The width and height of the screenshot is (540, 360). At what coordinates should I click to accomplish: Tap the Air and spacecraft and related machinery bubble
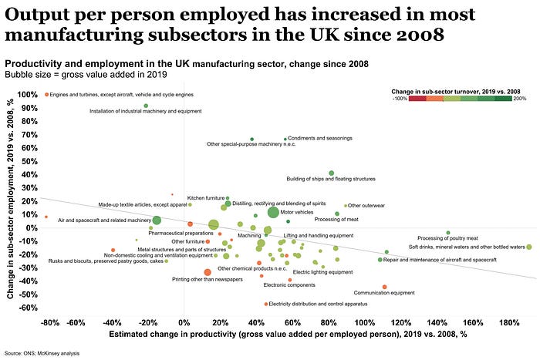157,220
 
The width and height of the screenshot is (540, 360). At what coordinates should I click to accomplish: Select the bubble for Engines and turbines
47,95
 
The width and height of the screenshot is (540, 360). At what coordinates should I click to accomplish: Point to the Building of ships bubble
332,173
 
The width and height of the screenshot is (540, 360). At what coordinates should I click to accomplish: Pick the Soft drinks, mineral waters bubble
528,247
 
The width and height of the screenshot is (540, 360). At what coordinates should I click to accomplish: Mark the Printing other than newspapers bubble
208,273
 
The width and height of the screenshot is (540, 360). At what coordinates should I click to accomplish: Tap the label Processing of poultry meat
448,238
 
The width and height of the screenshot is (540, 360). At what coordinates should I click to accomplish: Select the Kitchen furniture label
206,198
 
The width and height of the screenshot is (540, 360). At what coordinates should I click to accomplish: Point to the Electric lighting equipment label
322,272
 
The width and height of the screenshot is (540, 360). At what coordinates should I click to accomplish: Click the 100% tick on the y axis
29,95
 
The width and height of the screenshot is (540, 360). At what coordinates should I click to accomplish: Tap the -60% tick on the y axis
29,308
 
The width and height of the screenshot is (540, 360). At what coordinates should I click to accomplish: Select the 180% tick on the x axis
510,321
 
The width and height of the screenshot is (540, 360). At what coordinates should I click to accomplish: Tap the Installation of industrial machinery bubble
146,106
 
